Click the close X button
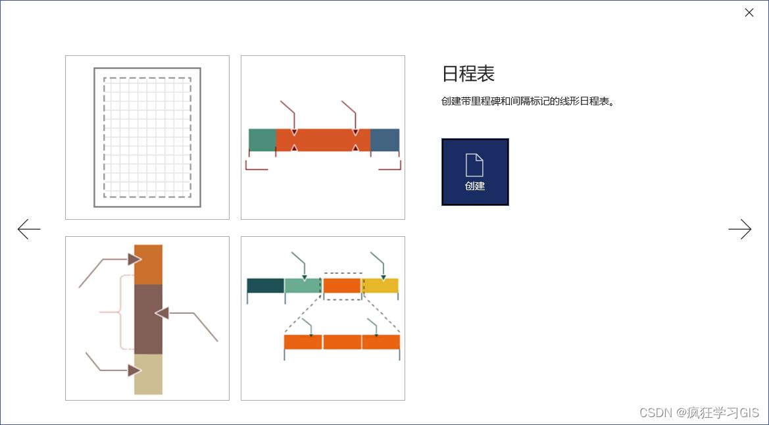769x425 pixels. click(749, 12)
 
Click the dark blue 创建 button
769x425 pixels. click(475, 172)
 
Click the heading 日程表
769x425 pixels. click(468, 74)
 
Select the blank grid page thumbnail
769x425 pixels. click(147, 137)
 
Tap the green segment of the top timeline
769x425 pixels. click(262, 140)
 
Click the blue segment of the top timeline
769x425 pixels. click(385, 140)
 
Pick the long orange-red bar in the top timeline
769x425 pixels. click(323, 140)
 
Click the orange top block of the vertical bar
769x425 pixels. click(148, 264)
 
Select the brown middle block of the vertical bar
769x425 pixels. click(148, 319)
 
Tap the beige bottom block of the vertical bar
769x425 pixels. click(148, 374)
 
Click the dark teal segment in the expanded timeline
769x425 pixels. click(265, 286)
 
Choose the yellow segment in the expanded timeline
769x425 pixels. click(381, 286)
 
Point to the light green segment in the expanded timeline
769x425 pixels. click(303, 286)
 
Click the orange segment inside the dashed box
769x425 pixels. click(342, 286)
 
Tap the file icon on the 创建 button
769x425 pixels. click(474, 164)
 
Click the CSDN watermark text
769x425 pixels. click(699, 413)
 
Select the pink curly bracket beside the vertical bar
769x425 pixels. click(120, 312)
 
